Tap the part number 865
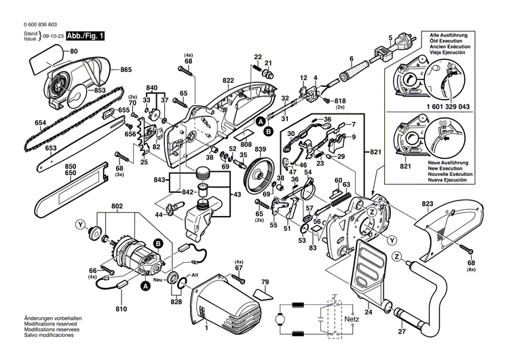tap(126, 70)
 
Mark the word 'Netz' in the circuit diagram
tap(352, 318)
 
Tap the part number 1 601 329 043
tap(439, 107)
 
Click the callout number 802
tap(117, 206)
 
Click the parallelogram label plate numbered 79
tap(261, 293)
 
